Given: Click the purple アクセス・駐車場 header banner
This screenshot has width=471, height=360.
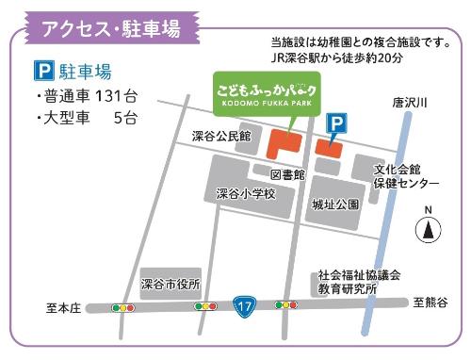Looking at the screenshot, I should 110,26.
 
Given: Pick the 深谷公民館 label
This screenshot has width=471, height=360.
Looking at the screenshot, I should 221,137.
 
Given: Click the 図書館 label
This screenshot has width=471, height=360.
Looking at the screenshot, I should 287,174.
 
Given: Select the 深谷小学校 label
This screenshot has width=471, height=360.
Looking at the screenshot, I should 244,194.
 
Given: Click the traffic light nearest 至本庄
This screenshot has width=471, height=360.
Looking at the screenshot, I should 122,307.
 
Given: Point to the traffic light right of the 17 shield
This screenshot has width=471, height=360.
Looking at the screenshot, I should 285,305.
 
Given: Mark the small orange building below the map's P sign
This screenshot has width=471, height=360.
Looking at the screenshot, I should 327,148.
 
